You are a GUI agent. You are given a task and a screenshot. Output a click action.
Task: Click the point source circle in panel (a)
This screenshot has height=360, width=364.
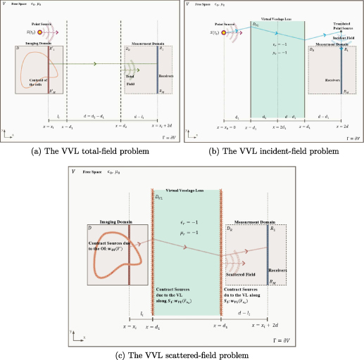pyautogui.click(x=41, y=32)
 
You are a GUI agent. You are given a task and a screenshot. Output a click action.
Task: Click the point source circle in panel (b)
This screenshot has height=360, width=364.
pyautogui.click(x=224, y=32)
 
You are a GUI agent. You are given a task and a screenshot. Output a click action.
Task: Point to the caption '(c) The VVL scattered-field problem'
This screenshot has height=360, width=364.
pyautogui.click(x=182, y=355)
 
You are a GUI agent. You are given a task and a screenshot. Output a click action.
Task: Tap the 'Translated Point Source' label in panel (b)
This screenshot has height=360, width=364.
pyautogui.click(x=340, y=28)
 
